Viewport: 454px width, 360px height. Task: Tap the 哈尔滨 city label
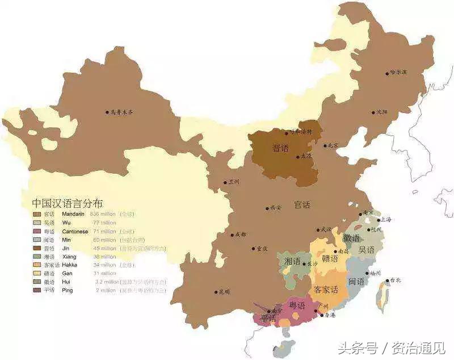point(399,72)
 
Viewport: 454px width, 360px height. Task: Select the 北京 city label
point(333,145)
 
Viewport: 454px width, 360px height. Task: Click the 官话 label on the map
point(302,204)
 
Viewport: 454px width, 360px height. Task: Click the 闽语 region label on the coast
point(356,281)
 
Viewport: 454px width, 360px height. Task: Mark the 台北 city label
point(395,280)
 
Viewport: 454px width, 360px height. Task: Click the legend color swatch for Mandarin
point(37,214)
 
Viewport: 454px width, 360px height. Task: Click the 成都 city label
point(239,234)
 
